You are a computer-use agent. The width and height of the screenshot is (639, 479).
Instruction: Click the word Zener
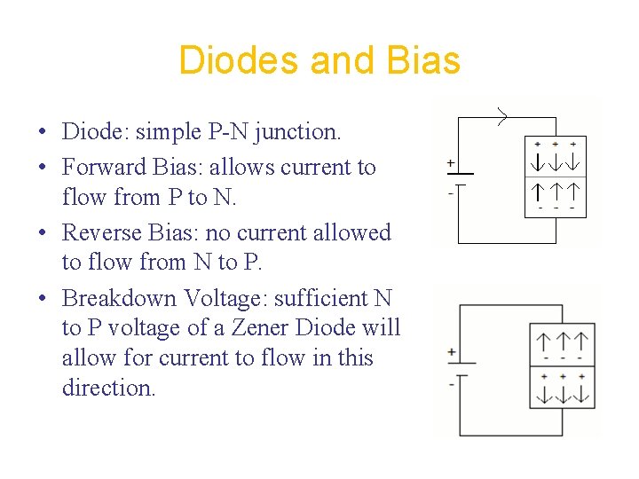coord(264,327)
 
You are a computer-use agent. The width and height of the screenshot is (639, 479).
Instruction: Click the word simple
coord(163,132)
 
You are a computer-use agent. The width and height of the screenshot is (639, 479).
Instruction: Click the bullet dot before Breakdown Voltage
coord(43,298)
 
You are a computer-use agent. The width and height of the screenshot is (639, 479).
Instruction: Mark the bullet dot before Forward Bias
coord(43,168)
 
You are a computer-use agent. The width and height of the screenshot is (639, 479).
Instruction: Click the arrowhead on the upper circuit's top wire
coord(503,116)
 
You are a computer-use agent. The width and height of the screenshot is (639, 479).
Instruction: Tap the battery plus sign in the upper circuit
coord(451,163)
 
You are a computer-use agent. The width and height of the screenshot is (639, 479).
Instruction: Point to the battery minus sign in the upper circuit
coord(451,190)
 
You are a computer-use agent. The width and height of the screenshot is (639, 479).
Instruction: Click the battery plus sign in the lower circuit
coord(452,353)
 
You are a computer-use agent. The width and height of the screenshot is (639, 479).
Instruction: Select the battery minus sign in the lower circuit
coord(452,384)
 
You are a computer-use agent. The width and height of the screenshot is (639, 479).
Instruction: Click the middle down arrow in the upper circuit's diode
coord(556,162)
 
